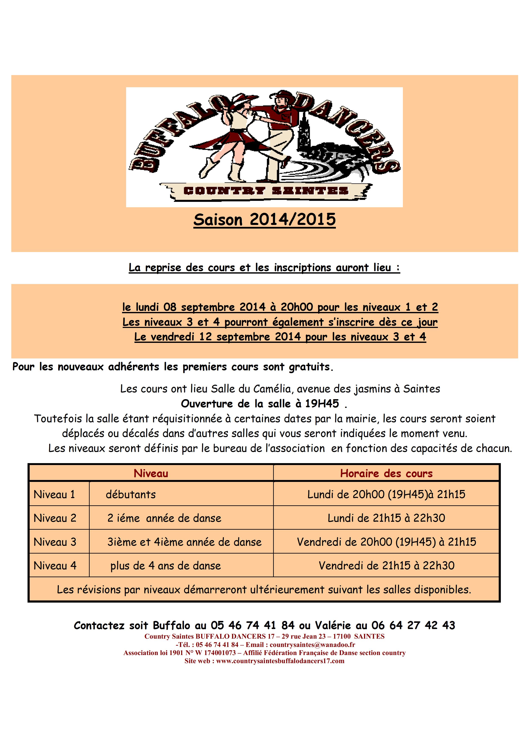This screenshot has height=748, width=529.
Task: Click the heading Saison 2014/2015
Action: [264, 220]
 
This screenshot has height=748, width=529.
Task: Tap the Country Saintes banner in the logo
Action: [266, 191]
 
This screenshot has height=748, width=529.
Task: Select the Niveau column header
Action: [151, 473]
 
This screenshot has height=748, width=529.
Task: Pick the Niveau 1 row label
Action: [54, 494]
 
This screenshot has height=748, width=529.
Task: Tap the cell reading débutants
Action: [131, 494]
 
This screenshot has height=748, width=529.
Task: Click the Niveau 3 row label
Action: [55, 542]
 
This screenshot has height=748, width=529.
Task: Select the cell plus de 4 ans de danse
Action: [166, 565]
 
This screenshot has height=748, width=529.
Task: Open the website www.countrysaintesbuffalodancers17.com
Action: [280, 661]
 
